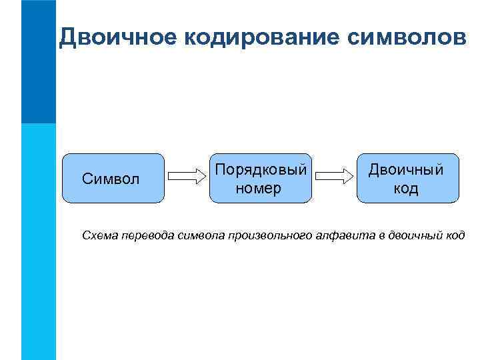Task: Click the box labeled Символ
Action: pyautogui.click(x=113, y=178)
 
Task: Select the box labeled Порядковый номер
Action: pyautogui.click(x=260, y=178)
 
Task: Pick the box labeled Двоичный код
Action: pyautogui.click(x=407, y=178)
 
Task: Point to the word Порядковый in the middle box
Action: pyautogui.click(x=260, y=170)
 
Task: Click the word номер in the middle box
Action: pyautogui.click(x=259, y=188)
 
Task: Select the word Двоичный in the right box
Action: pyautogui.click(x=407, y=170)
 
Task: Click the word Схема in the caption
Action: pyautogui.click(x=99, y=235)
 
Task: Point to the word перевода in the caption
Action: pyautogui.click(x=147, y=235)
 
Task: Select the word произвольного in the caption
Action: pyautogui.click(x=265, y=235)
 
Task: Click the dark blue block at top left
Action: pyautogui.click(x=38, y=61)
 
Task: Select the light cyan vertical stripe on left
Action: pyautogui.click(x=38, y=240)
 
